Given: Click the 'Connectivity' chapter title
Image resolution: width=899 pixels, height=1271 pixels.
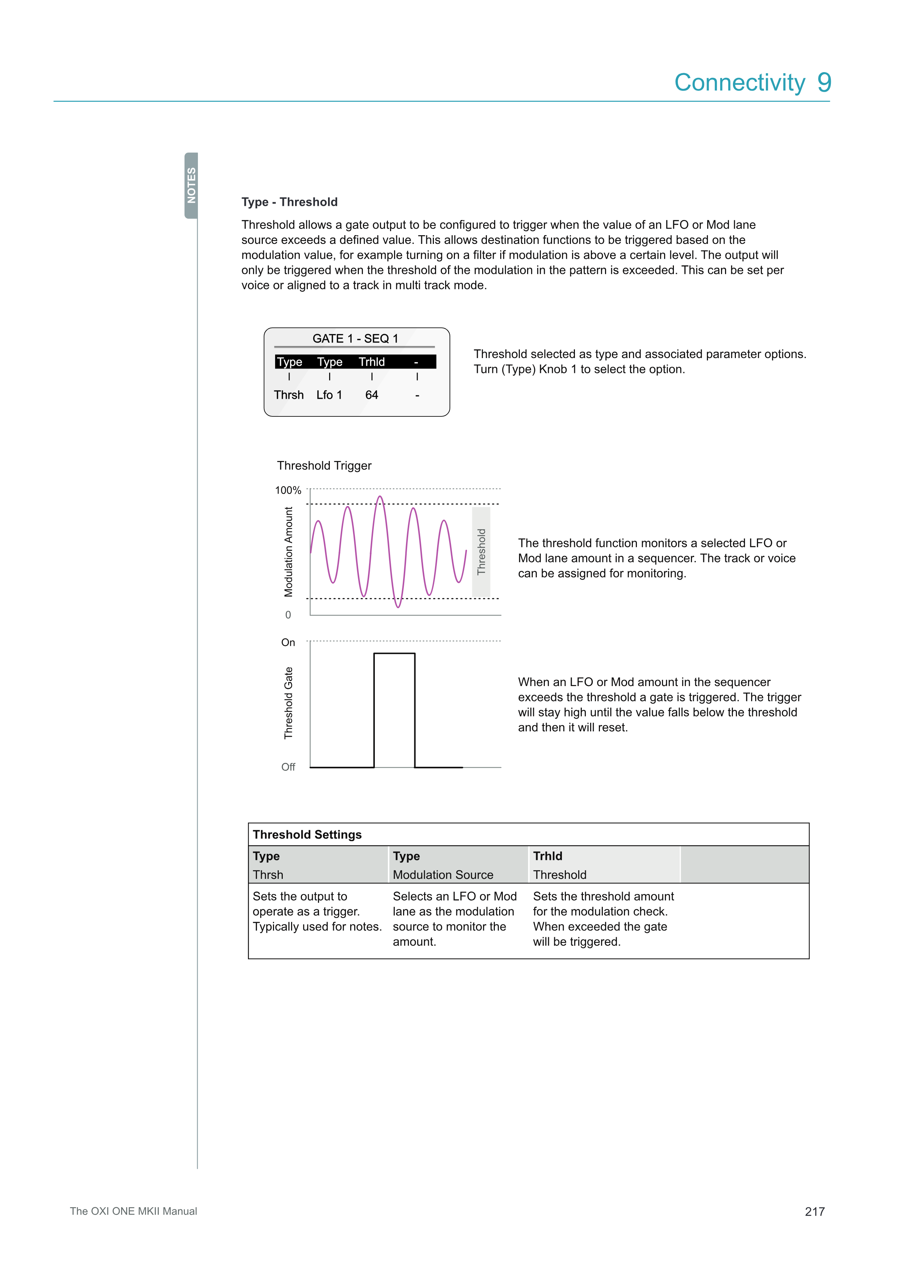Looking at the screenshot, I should [739, 83].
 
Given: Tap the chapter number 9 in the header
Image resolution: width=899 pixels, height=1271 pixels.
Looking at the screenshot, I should [824, 83].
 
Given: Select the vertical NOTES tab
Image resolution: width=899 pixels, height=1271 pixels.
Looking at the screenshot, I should [191, 186].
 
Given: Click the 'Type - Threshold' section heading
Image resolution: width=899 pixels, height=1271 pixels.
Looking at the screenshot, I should [289, 202].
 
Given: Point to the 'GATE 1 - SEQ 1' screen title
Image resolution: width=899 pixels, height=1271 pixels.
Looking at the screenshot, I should [355, 338].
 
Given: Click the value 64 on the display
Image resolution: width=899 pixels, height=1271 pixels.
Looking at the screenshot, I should [372, 395].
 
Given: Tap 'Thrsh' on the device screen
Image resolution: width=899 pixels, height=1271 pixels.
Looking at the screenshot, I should [289, 395].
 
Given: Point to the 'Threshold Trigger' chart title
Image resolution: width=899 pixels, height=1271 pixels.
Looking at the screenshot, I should [324, 466].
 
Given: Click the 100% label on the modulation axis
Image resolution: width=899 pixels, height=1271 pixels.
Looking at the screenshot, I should [288, 490].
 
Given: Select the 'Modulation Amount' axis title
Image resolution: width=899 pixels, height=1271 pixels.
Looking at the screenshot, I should [289, 552].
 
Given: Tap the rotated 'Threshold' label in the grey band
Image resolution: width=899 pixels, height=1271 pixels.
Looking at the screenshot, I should [481, 552].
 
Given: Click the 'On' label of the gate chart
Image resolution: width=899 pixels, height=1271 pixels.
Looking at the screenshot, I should [288, 642].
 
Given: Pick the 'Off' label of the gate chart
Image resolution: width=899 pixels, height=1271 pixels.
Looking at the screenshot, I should [288, 767].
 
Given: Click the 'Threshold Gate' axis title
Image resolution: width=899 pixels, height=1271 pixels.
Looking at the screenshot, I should [289, 703].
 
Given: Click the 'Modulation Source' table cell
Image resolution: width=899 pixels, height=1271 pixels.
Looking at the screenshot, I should [443, 875].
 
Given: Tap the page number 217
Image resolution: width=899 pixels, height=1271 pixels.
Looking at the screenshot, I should [814, 1211].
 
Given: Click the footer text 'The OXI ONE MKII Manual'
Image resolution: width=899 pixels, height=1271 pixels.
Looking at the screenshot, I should [133, 1211].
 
